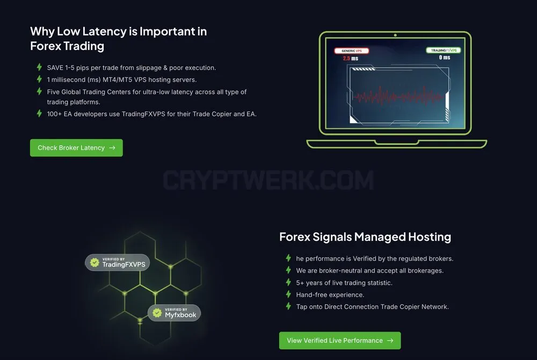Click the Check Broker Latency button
coord(76,148)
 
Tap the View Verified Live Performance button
coord(340,341)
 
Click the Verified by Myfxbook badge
coord(174,313)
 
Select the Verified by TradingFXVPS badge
coord(118,262)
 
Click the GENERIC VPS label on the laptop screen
coord(352,51)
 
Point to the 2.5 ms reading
coord(350,59)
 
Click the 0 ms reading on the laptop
coord(445,57)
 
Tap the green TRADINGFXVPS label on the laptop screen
coord(444,50)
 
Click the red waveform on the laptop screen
coord(397,97)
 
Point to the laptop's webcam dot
coord(395,35)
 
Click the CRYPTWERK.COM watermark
coord(268,180)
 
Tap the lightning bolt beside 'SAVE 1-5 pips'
coord(39,67)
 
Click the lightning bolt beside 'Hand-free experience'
coord(288,294)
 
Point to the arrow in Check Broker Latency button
coord(112,148)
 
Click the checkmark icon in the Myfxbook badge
coord(157,313)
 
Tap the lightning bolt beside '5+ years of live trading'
coord(288,282)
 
